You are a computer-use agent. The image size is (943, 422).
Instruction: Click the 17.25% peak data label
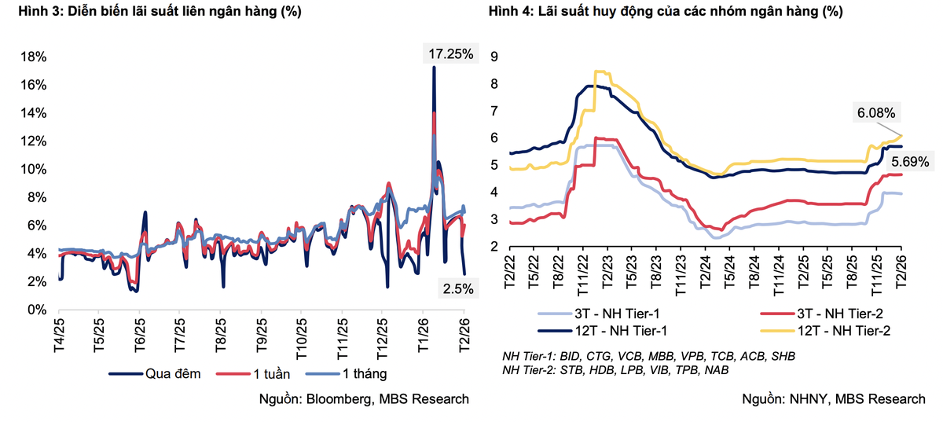[450, 54]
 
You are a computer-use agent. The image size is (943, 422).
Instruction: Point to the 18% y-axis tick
[35, 57]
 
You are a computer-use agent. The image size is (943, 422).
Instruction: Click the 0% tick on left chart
[38, 310]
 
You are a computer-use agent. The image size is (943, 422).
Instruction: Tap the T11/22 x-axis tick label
[585, 273]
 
